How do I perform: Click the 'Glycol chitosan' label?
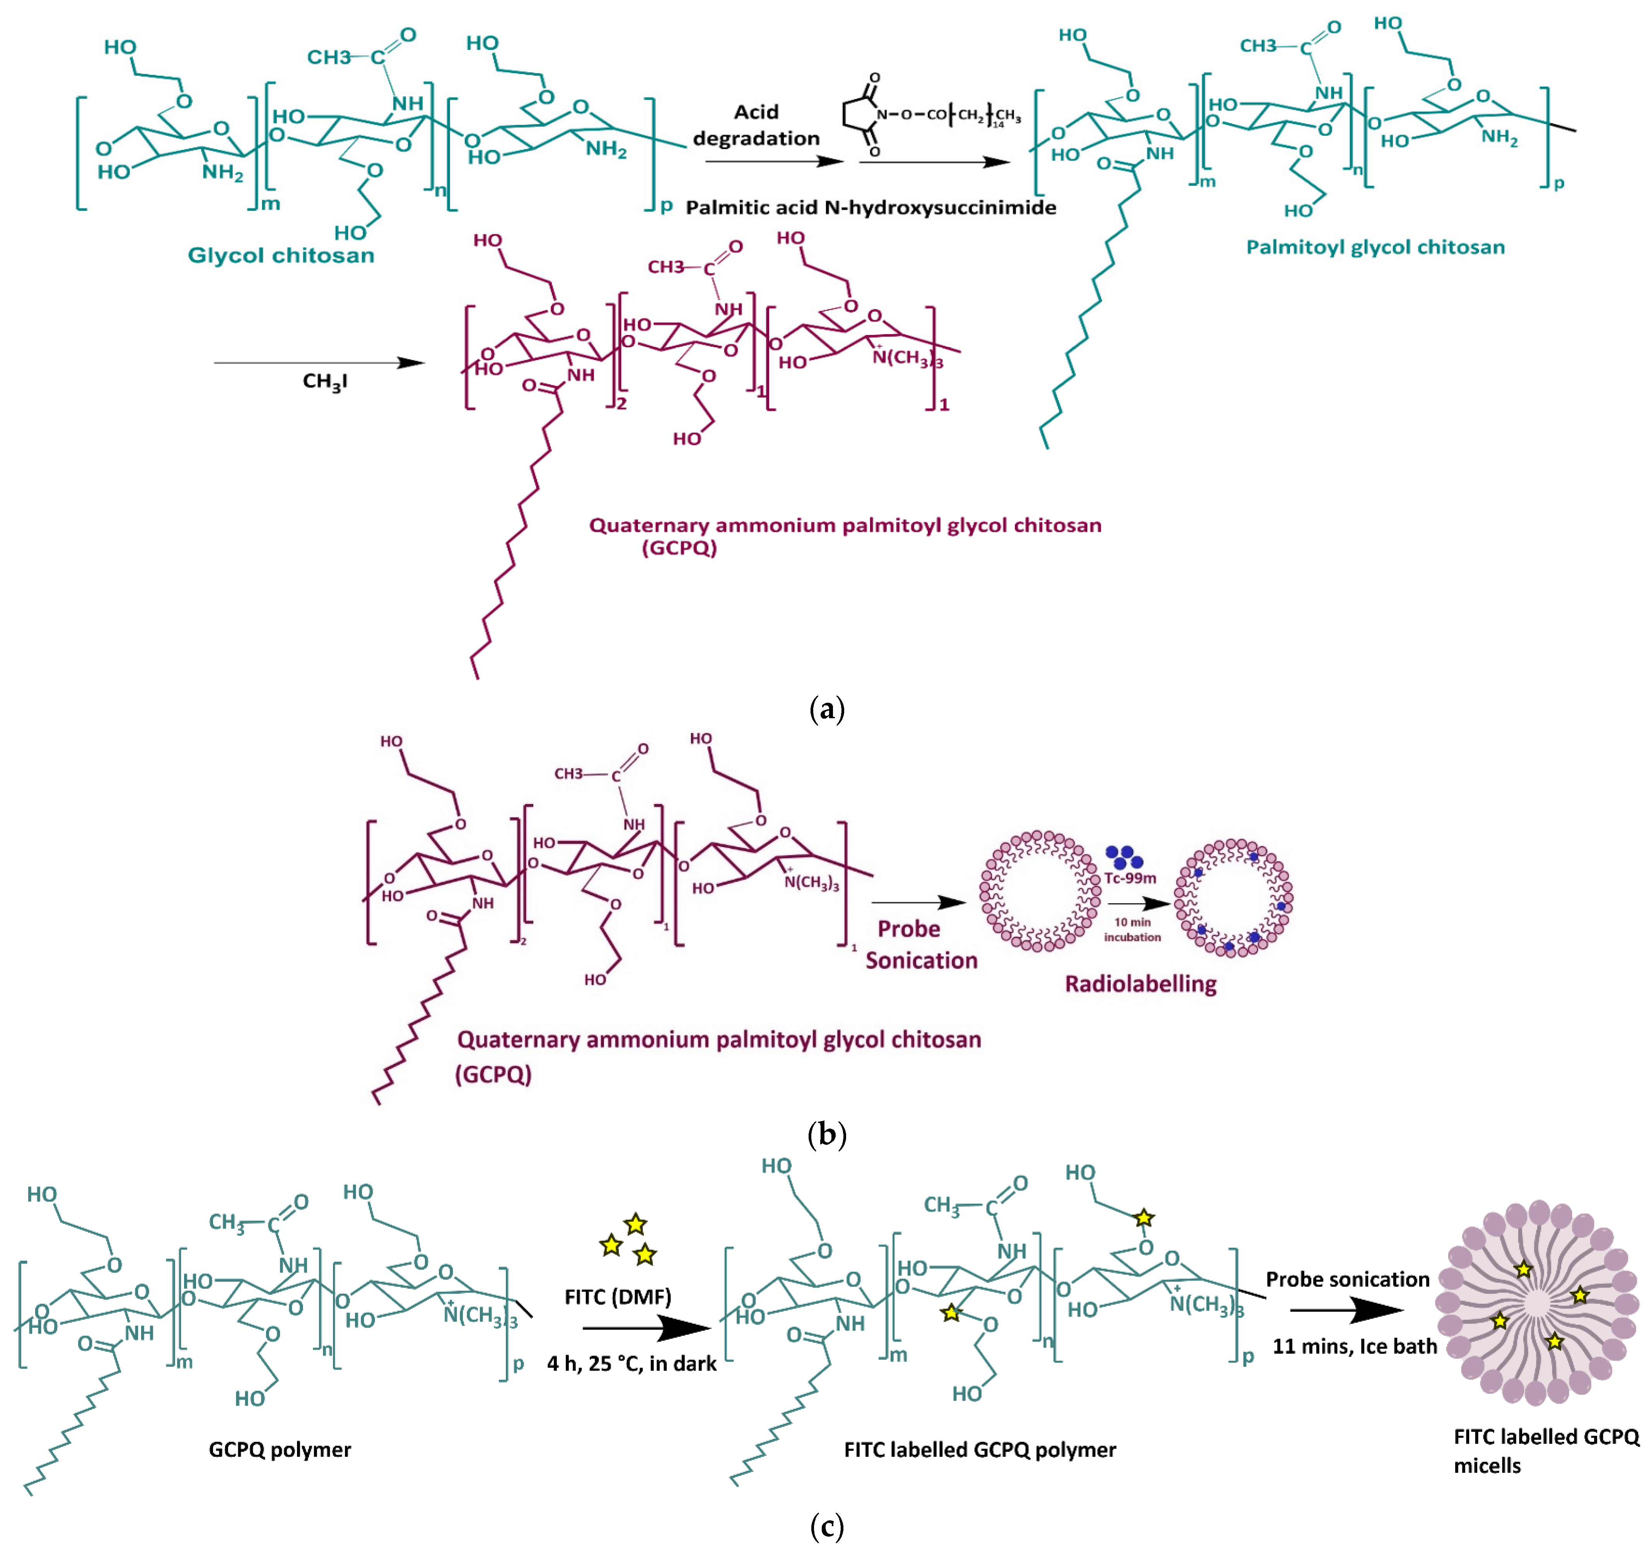tap(281, 255)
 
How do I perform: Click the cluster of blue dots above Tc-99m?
tap(1123, 857)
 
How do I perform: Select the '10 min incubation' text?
tap(1132, 929)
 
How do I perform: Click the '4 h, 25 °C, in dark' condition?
tap(631, 1364)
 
